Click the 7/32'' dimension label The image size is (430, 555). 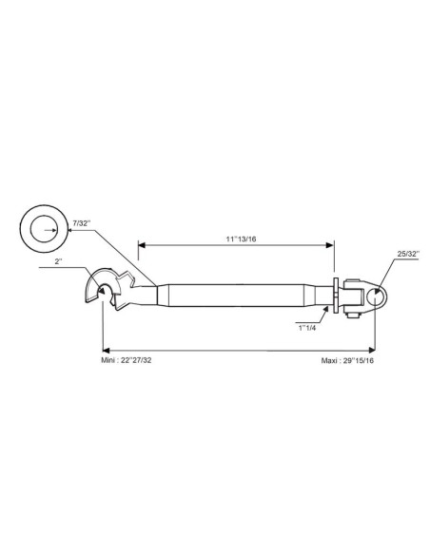pos(82,223)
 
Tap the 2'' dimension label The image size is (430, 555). pos(58,261)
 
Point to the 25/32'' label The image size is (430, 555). pos(408,254)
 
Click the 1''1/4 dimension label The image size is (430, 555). pos(307,328)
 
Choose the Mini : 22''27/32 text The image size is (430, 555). pos(127,361)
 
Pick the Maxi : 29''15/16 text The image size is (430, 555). pos(347,361)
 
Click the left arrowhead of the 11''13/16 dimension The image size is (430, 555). pos(142,245)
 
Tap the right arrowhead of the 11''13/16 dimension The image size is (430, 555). pos(330,245)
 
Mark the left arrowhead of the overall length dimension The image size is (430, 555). pos(106,351)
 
